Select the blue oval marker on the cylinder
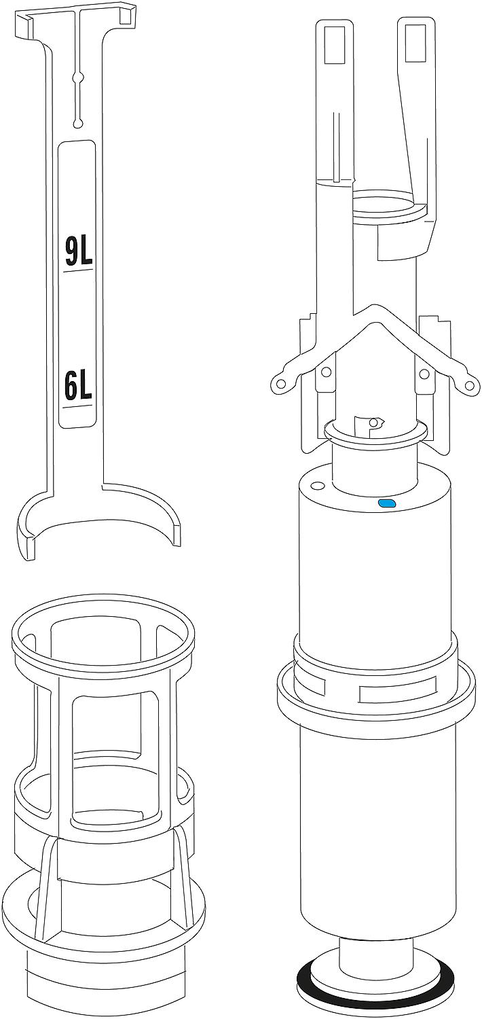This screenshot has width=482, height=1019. click(x=388, y=503)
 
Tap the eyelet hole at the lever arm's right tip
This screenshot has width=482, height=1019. click(x=468, y=387)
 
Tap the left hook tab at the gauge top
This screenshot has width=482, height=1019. click(x=24, y=26)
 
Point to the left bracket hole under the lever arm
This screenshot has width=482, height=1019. click(x=326, y=372)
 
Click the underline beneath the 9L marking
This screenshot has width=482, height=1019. click(x=79, y=270)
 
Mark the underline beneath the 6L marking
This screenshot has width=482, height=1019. click(x=79, y=406)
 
